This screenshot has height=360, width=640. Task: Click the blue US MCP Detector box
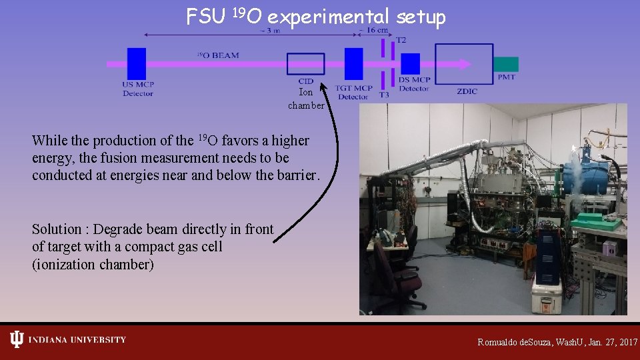[137, 64]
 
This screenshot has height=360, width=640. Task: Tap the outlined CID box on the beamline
[305, 64]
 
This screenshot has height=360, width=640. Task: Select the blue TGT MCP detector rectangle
[353, 64]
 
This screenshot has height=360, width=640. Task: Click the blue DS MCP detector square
[410, 64]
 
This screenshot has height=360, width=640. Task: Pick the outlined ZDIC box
[465, 64]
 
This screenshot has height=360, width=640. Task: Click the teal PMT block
[505, 64]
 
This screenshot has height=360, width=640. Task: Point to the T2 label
[401, 40]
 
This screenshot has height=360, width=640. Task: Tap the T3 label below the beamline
[384, 95]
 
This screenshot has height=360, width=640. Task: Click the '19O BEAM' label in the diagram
[218, 55]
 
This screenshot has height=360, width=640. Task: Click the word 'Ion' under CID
[305, 93]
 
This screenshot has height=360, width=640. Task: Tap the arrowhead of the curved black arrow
[323, 86]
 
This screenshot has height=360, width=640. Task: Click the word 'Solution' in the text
[56, 229]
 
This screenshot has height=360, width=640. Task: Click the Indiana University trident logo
[17, 340]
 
